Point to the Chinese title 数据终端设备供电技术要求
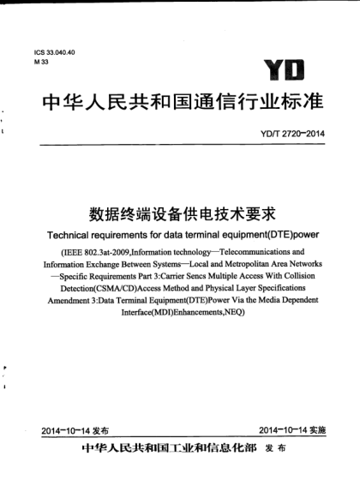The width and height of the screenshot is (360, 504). (x=181, y=211)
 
